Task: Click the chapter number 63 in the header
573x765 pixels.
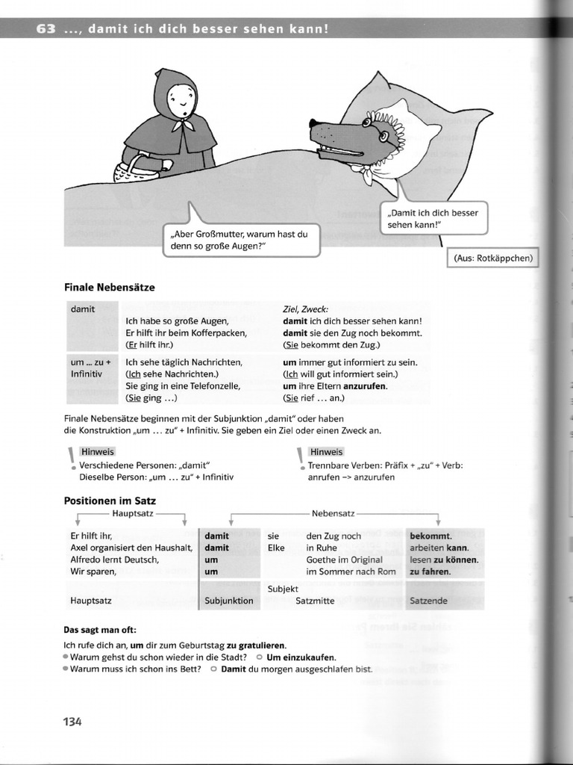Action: point(47,29)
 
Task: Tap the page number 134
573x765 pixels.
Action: point(72,721)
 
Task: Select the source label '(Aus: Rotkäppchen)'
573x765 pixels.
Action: point(492,258)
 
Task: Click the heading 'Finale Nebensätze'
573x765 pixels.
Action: point(110,287)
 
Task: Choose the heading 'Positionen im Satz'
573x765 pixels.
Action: point(110,501)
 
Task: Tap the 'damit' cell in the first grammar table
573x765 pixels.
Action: point(84,309)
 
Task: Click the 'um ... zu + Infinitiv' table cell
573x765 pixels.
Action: point(90,367)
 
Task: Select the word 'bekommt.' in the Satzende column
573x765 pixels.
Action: point(430,536)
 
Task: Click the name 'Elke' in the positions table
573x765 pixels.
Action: point(277,548)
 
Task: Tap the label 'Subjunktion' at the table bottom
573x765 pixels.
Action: point(228,600)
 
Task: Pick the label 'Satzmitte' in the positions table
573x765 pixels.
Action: point(315,600)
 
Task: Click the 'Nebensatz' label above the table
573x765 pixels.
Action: point(334,514)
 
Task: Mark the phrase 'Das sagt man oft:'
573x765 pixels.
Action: point(101,629)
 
